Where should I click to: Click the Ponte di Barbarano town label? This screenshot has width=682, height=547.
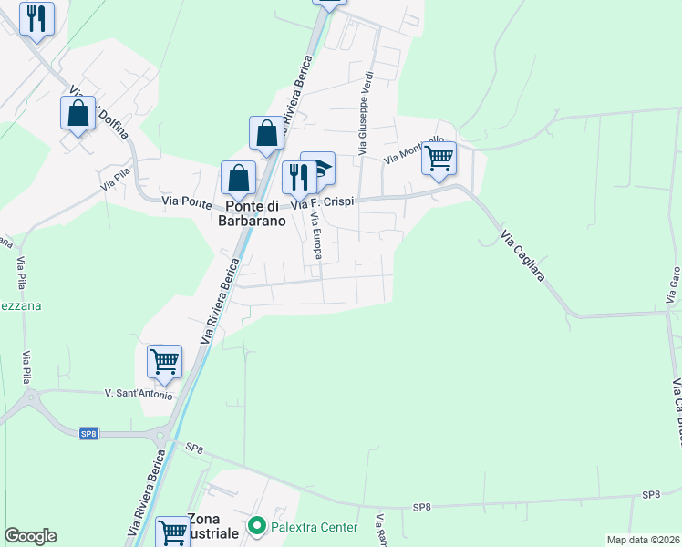point(251,213)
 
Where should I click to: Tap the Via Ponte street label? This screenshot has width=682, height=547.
point(186,201)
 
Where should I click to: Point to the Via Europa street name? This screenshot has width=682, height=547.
point(316,235)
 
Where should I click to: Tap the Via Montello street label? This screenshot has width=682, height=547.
point(408,152)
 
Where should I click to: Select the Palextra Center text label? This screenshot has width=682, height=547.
point(313,525)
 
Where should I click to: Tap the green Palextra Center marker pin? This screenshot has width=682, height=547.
point(257,525)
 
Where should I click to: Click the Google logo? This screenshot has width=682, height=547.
point(30,536)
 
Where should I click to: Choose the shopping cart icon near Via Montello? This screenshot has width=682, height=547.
point(439,158)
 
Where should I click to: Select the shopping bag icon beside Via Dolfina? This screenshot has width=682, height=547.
point(77,113)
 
